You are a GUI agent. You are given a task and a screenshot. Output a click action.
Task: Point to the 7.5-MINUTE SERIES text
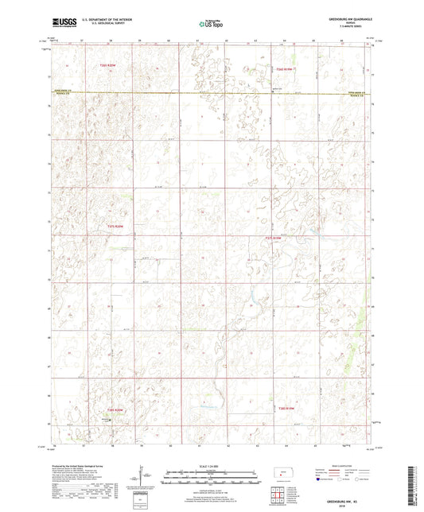(347, 29)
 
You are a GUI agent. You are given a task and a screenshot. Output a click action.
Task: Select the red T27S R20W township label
(116, 227)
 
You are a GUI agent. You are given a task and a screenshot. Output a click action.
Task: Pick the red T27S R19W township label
(273, 237)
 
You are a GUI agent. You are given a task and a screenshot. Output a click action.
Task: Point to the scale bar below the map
(212, 478)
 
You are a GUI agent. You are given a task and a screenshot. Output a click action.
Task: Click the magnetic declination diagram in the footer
(141, 477)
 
